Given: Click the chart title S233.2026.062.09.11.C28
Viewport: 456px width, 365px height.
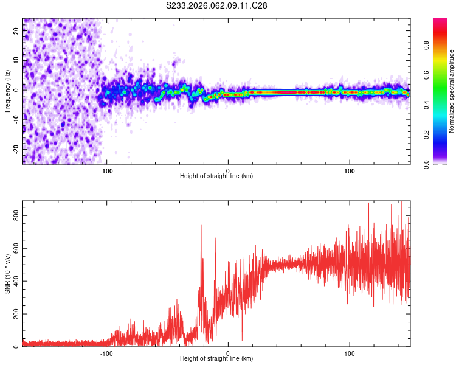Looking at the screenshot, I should pos(217,5).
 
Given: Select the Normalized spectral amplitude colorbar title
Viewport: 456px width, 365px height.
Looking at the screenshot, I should pos(452,91).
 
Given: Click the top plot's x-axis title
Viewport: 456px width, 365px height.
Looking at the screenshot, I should pos(216,176).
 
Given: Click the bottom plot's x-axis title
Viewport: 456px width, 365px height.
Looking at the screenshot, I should pos(216,358).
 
